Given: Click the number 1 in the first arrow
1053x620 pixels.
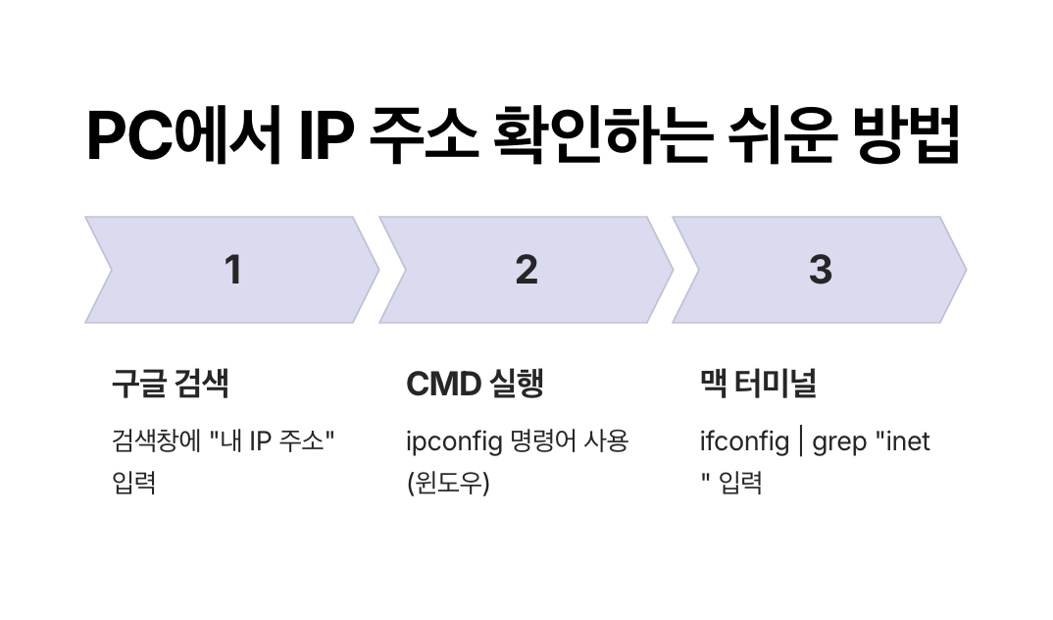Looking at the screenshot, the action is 232,270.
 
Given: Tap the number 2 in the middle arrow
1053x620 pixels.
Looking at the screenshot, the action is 526,270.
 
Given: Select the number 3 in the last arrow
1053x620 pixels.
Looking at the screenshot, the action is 821,270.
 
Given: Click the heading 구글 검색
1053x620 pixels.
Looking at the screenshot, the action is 170,384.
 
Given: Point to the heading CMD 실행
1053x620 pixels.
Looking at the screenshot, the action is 475,384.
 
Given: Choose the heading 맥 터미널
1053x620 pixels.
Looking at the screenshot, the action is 758,384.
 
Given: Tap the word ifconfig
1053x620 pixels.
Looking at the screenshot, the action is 744,441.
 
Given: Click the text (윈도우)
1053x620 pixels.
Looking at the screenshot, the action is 447,484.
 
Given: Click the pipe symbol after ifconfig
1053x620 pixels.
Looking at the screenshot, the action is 801,441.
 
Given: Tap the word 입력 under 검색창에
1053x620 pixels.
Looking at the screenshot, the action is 135,484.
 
